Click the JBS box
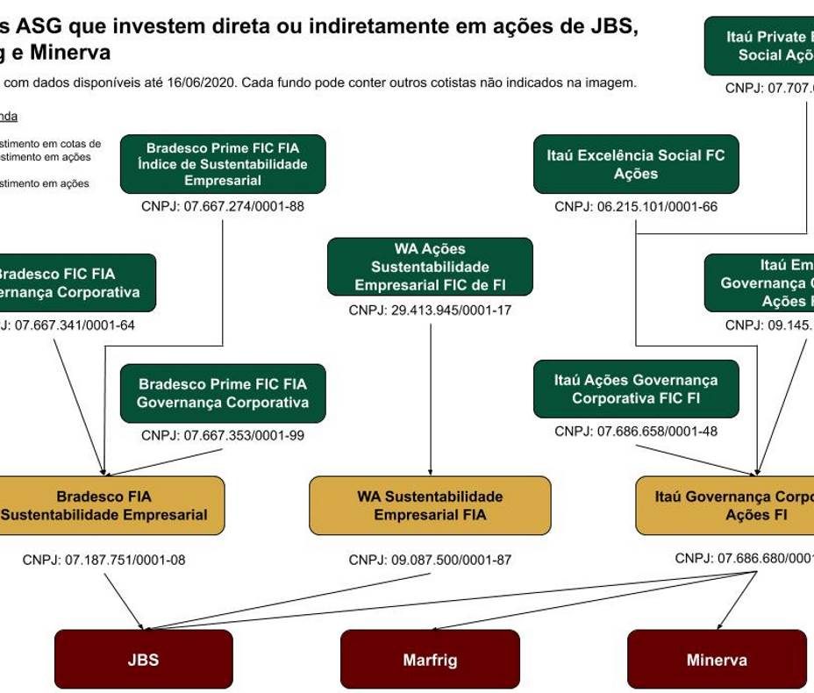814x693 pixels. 143,659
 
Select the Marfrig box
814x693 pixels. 430,660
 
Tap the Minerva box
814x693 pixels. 717,660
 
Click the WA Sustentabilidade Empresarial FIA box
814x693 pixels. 430,505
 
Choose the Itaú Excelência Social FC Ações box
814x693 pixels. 636,164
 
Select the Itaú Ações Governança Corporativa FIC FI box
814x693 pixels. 636,389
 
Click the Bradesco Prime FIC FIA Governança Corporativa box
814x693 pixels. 223,393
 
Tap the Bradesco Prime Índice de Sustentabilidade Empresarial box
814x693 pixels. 223,163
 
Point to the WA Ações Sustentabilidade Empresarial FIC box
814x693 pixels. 430,266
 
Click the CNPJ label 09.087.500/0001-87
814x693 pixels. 430,560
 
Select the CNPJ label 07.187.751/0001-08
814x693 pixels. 104,560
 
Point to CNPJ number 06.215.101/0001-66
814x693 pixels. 636,207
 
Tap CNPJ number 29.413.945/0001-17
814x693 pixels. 430,310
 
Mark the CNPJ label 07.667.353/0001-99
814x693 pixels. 223,435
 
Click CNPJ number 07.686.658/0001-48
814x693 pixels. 636,431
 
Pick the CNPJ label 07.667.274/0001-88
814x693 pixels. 223,207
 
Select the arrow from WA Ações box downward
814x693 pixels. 430,395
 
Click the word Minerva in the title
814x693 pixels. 76,53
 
